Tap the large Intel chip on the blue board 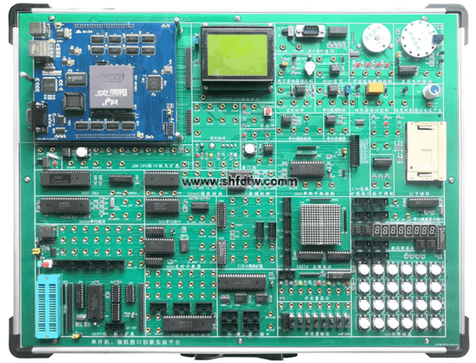(x=111, y=86)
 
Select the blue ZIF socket (x=48, y=306)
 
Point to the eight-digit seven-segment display (x=404, y=229)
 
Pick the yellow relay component (x=374, y=89)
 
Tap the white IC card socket (x=425, y=151)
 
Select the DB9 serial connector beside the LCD (x=310, y=31)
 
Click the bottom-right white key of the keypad (x=436, y=323)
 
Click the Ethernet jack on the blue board (x=40, y=47)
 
